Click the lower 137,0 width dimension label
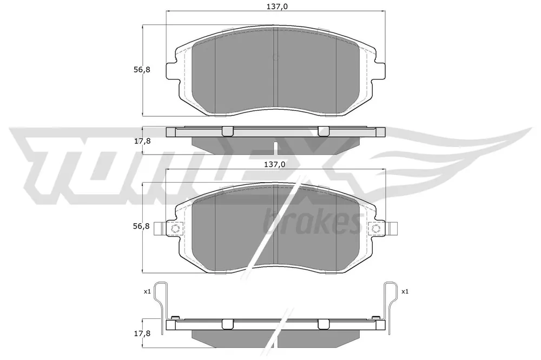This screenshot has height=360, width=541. (275, 164)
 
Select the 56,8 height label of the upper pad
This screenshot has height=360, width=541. (142, 69)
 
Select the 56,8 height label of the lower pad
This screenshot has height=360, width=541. (142, 226)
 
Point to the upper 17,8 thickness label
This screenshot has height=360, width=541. (142, 141)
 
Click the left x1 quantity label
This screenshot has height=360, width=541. (147, 291)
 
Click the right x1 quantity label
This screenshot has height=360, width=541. (405, 291)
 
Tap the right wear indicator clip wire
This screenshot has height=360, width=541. (390, 303)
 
